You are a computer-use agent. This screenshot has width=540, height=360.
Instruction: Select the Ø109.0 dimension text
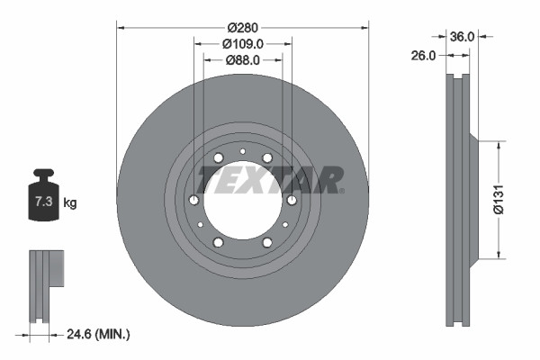243,42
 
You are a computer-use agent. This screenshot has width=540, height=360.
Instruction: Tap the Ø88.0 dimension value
243,60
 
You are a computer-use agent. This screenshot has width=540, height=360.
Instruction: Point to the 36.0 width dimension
461,37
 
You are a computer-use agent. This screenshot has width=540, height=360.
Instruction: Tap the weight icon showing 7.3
43,200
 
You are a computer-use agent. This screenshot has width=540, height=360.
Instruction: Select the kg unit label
69,203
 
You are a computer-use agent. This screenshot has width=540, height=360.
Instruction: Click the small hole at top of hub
243,150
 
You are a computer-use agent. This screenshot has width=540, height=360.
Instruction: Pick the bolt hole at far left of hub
194,201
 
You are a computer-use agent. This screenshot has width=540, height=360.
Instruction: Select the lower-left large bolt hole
219,243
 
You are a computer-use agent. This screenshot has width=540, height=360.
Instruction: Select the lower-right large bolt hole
267,243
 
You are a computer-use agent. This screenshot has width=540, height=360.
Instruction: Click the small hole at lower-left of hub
201,225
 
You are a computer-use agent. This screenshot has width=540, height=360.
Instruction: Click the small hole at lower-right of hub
285,225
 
